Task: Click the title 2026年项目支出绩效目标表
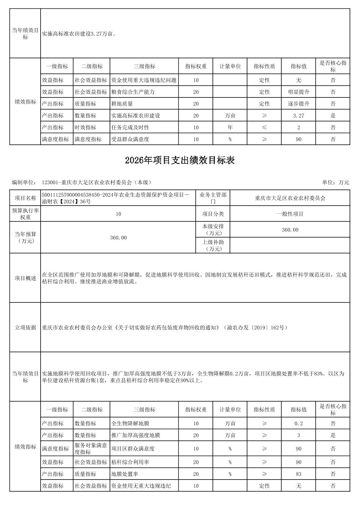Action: [x=180, y=161]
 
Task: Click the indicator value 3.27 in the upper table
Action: [x=298, y=116]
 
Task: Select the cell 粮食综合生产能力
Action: [x=133, y=92]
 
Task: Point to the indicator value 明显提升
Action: [x=298, y=92]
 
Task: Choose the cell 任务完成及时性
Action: [x=130, y=128]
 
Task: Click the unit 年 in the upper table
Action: [x=230, y=128]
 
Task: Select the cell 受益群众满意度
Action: [x=130, y=139]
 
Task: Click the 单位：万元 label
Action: [x=336, y=183]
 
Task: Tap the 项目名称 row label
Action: [x=25, y=198]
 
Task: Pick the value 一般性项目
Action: [x=290, y=214]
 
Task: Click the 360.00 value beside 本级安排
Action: [x=290, y=230]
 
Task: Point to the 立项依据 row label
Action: [x=25, y=328]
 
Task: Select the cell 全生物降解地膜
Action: [x=130, y=424]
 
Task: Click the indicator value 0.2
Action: [x=298, y=424]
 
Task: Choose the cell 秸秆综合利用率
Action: [x=130, y=462]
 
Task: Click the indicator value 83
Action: [x=298, y=474]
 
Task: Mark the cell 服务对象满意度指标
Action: [x=91, y=449]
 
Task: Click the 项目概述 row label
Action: [x=25, y=278]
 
